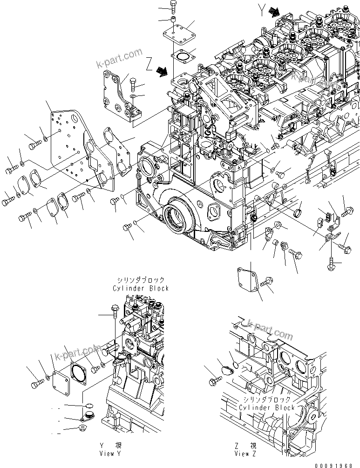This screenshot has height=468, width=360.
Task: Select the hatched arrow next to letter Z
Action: (x=163, y=70)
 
